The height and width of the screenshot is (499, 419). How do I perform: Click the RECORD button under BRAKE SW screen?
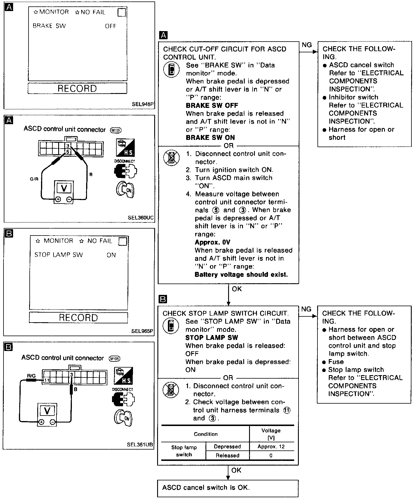pos(77,88)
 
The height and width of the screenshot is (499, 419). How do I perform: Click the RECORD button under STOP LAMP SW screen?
pos(78,318)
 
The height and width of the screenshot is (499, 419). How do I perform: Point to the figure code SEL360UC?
pos(141,218)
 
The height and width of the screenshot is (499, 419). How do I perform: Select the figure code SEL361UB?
pos(140,445)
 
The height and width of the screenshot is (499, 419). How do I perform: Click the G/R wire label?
pos(34,179)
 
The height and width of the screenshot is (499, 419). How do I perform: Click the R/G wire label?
pos(31,376)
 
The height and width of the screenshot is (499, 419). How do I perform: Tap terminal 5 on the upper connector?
pos(68,152)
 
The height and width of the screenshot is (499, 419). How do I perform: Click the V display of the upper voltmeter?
pos(64,188)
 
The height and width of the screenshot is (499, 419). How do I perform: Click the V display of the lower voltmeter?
pos(47,411)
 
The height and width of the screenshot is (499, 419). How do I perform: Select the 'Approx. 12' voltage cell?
pos(271,447)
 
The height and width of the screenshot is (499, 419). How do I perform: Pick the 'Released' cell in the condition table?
pos(227,455)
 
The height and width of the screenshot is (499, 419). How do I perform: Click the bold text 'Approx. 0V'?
pos(212,242)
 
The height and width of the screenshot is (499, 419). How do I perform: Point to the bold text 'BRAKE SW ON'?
pos(210,138)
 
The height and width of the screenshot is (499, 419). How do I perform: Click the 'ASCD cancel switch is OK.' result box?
pos(228,488)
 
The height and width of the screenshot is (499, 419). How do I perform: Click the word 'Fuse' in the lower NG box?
pos(336,362)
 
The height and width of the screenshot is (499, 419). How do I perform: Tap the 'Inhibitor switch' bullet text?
pos(354,97)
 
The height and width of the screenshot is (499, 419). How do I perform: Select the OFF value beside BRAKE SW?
pos(111,26)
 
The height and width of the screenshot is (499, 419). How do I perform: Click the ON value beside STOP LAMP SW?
pos(111,255)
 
